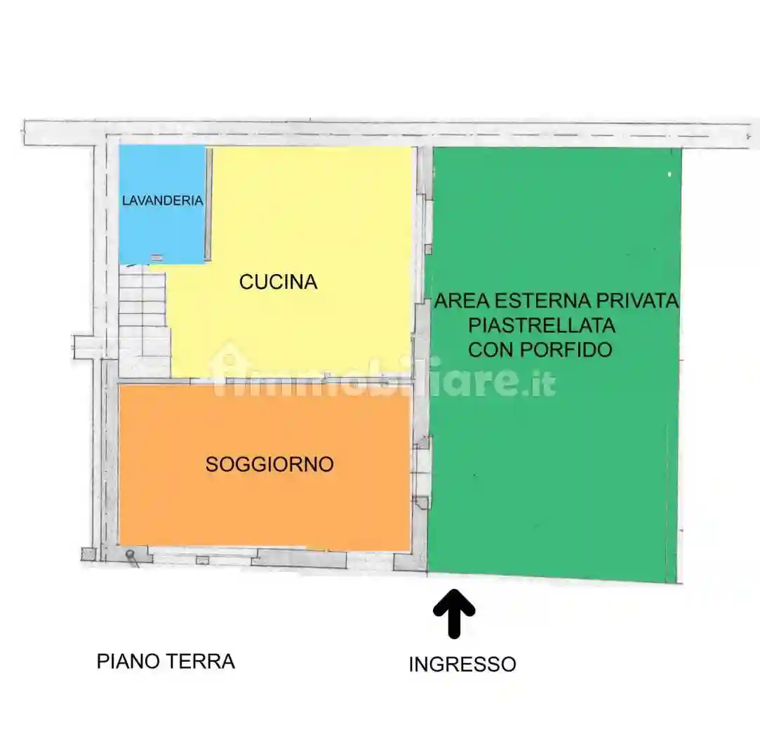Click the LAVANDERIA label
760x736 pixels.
pos(162,200)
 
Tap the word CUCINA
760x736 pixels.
pos(279,282)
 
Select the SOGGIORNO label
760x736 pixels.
pos(269,464)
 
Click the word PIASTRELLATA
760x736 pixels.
pos(542,325)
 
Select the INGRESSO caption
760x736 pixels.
pos(462,664)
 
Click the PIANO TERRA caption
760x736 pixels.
pos(166,661)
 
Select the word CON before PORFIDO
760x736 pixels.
pos(489,349)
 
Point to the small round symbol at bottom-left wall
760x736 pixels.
pos(130,555)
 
